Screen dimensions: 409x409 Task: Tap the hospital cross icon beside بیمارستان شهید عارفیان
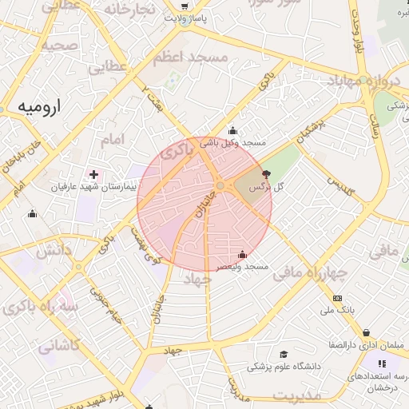click(x=94, y=174)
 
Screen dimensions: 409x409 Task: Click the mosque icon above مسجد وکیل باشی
click(x=232, y=131)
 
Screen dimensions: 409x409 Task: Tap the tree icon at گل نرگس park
click(x=266, y=173)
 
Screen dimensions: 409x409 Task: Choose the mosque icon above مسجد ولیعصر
click(x=243, y=254)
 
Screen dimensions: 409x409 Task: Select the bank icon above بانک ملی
click(x=336, y=297)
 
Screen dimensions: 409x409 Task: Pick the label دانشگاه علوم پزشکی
click(x=284, y=366)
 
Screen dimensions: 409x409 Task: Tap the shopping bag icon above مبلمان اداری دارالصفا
click(x=366, y=333)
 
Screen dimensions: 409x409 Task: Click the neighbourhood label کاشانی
click(x=59, y=346)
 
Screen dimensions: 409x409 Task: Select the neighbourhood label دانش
click(x=54, y=251)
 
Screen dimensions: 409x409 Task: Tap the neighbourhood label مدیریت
click(x=296, y=395)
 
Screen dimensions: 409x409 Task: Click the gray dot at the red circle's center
click(x=220, y=185)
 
